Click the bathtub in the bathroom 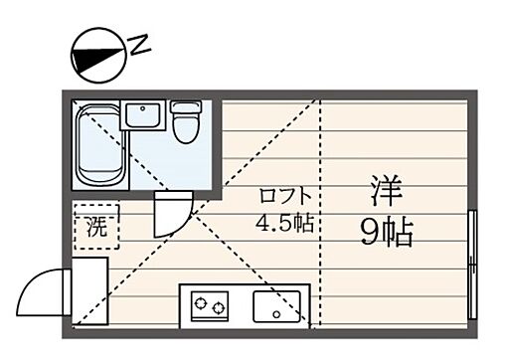click(98, 147)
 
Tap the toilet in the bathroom click(185, 126)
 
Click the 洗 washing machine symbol click(95, 226)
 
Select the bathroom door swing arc click(171, 212)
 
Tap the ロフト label click(286, 195)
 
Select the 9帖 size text click(386, 233)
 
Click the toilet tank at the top click(185, 105)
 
